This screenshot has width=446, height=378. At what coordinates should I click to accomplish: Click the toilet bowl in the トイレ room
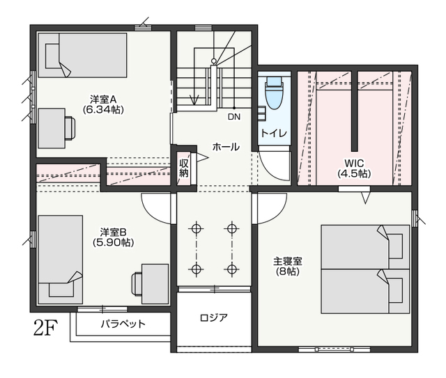(275, 93)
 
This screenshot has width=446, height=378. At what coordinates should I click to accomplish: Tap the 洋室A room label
(103, 100)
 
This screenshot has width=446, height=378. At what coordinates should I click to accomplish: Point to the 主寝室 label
(288, 260)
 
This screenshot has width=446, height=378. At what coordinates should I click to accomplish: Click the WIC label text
(354, 163)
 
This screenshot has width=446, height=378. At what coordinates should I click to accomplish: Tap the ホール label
(226, 147)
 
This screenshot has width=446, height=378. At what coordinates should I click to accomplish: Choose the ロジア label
(214, 317)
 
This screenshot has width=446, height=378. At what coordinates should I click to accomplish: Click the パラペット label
(123, 324)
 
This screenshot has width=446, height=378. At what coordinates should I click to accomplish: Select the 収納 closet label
(184, 168)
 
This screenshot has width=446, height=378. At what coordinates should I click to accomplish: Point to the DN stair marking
(234, 116)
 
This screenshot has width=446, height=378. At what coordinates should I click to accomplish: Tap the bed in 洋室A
(82, 55)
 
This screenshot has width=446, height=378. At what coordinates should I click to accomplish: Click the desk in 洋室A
(52, 128)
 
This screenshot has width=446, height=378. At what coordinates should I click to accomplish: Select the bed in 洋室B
(61, 260)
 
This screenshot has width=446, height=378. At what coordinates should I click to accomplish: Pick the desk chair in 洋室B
(137, 284)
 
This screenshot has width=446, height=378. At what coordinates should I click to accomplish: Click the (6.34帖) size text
(103, 110)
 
